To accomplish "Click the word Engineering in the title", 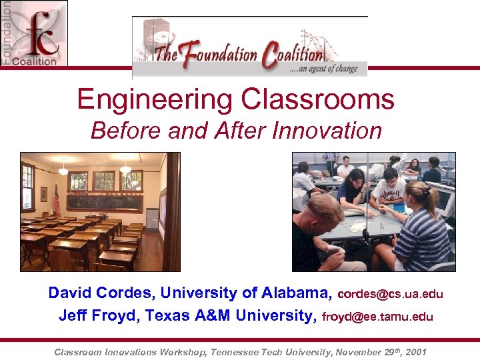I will click(x=153, y=100).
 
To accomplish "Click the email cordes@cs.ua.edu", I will click(x=391, y=294).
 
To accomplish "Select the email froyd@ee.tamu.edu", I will click(x=377, y=317).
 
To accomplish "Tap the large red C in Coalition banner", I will click(x=270, y=55).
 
